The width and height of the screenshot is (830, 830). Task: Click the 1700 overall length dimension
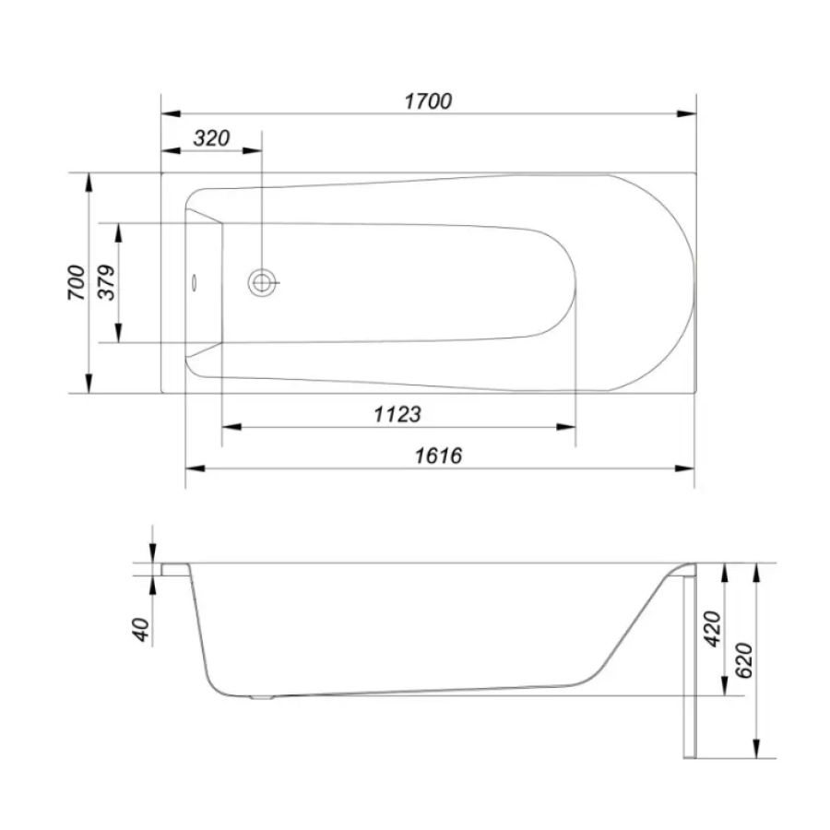[x=428, y=101]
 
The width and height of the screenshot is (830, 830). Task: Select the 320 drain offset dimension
[x=211, y=138]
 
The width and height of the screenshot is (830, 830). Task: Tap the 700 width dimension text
[x=77, y=283]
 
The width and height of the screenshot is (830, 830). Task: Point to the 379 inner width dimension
[x=108, y=283]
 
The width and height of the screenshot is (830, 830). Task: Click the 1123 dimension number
[x=397, y=414]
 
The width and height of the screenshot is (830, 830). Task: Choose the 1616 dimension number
[x=438, y=456]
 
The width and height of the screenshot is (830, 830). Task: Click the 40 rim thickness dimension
[x=141, y=629]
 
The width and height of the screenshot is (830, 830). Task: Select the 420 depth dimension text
[x=713, y=629]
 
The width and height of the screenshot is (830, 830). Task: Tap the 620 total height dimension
[x=744, y=660]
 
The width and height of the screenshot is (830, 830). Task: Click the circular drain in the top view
[x=262, y=283]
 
